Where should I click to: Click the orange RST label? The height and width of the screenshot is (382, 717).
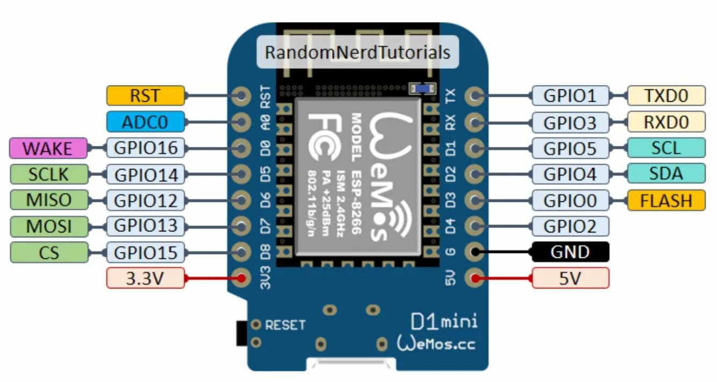point(145,96)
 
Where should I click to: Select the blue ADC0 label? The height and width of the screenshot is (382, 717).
point(145,122)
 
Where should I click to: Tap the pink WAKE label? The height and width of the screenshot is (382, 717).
point(48,148)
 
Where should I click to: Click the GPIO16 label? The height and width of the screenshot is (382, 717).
point(146,148)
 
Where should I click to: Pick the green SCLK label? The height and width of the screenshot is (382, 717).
point(48,174)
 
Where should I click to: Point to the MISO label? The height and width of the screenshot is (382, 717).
point(48,200)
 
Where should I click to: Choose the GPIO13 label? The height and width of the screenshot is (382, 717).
point(146,225)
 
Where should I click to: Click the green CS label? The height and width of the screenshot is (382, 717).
point(48,251)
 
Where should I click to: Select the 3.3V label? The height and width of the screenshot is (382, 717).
point(145,278)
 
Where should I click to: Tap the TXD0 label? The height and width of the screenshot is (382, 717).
point(666,96)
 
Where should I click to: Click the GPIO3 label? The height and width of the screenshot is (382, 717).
point(570,122)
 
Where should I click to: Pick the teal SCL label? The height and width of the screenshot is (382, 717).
point(666,148)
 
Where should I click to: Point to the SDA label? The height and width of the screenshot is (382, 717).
point(666,174)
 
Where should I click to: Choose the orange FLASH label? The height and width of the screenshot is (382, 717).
point(666,200)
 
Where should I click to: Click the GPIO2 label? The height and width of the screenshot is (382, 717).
point(570,226)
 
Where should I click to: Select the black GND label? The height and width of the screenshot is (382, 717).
point(570,252)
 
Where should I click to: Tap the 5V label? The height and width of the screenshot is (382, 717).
point(570,278)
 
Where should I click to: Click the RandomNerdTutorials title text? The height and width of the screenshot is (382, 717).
point(357,52)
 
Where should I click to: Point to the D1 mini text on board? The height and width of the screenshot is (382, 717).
point(443,322)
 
